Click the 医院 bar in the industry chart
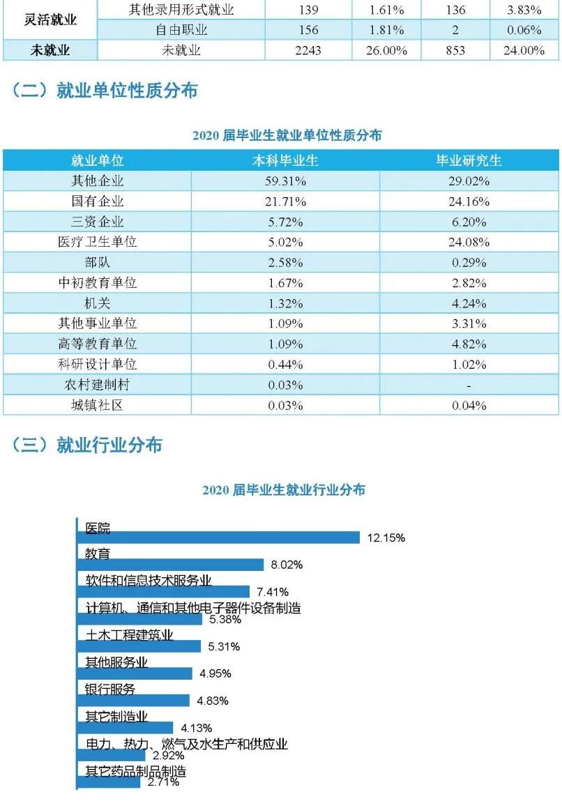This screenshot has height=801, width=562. (218, 537)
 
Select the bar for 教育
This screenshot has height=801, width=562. (170, 565)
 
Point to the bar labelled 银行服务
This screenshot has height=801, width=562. (133, 701)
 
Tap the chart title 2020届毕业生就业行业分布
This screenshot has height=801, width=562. (284, 490)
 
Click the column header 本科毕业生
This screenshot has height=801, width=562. (285, 160)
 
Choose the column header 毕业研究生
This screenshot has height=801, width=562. (469, 160)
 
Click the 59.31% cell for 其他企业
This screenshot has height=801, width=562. (285, 181)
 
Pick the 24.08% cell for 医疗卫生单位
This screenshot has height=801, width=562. (469, 243)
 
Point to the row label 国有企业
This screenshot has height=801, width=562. (97, 201)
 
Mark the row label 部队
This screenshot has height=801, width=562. (97, 263)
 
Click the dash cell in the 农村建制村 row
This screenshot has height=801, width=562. (469, 385)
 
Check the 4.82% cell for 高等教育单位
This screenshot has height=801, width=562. (469, 344)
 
